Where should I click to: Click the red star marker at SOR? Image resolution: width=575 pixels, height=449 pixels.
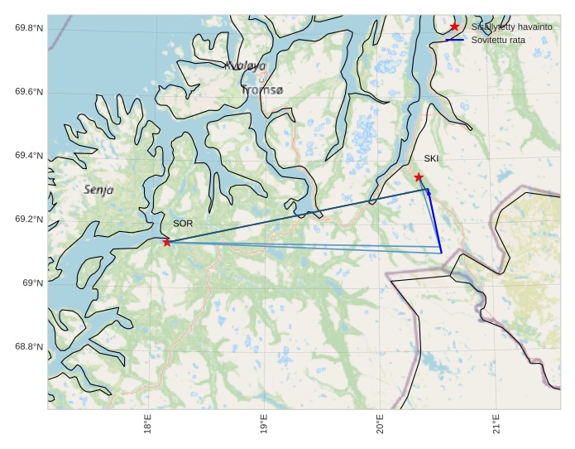[167, 242]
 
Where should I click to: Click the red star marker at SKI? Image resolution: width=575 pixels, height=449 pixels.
[419, 177]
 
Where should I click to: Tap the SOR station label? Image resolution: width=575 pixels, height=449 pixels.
[183, 224]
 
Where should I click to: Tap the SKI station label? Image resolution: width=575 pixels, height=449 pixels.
[432, 158]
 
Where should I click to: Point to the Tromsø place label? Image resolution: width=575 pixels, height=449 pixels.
[262, 89]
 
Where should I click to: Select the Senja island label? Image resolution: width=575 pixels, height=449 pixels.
[99, 190]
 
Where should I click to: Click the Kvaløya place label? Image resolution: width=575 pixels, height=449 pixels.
[246, 65]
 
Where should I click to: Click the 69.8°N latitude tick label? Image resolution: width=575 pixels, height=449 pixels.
[29, 28]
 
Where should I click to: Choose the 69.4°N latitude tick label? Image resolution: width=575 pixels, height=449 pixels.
[29, 156]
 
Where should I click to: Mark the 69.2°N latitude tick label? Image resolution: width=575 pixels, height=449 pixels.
[29, 220]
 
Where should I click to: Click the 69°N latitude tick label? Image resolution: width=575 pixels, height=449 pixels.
[31, 283]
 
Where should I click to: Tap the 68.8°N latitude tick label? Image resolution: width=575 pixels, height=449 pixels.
[29, 347]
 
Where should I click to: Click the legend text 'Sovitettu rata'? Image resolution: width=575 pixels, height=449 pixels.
[498, 39]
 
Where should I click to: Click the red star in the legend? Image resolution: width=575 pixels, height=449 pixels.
[454, 27]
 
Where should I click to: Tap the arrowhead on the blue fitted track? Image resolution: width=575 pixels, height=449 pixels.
[429, 193]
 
